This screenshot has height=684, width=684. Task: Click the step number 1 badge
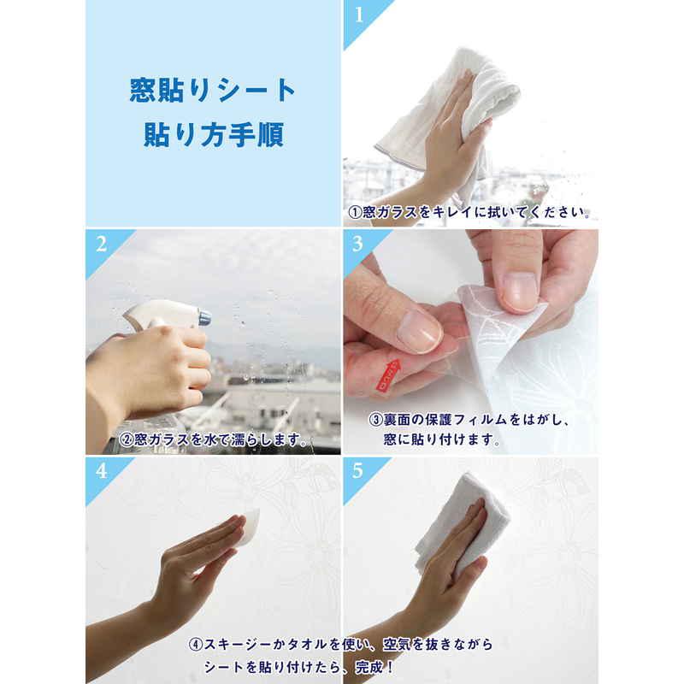[359, 15]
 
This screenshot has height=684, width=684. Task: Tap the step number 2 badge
[102, 245]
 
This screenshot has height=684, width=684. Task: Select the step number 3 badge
[358, 244]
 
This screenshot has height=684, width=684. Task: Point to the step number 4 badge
[102, 472]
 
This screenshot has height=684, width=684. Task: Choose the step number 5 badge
[357, 471]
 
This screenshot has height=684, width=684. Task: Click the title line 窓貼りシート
[213, 91]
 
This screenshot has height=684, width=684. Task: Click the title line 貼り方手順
[214, 135]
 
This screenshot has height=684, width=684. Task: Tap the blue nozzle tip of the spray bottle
[205, 316]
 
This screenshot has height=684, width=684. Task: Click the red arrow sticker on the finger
[390, 374]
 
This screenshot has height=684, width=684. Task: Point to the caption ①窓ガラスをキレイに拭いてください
[469, 212]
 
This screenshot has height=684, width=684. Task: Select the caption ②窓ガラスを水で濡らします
[213, 439]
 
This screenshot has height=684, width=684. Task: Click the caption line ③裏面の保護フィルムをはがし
[469, 420]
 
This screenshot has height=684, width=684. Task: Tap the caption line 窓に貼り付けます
[441, 439]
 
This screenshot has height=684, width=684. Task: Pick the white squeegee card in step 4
[249, 527]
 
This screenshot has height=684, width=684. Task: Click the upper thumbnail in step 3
[518, 291]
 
